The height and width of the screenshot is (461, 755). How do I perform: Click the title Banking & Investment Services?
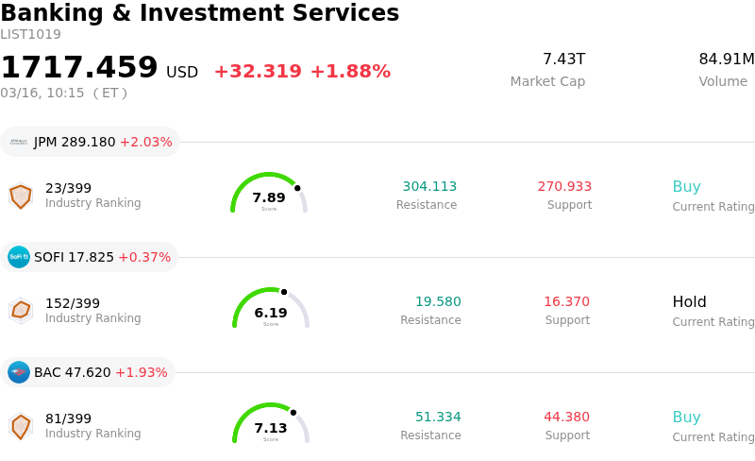199,13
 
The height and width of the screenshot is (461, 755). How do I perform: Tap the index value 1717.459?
79,68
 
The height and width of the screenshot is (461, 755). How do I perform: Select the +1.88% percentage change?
350,72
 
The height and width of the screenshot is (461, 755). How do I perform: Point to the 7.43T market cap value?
563,60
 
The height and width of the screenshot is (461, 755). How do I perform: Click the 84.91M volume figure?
726,60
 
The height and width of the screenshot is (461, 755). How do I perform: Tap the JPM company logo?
19,142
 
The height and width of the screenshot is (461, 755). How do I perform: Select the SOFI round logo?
19,257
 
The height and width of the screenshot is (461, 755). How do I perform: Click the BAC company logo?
19,372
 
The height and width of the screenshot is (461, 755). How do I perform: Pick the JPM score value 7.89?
269,198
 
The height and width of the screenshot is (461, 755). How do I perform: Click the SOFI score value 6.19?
271,314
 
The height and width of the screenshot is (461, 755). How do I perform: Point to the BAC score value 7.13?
271,429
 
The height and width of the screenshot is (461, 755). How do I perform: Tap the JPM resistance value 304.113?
429,187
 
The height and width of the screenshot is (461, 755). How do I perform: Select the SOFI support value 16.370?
566,302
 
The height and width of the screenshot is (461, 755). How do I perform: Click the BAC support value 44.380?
566,418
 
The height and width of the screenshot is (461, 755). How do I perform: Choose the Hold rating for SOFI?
689,302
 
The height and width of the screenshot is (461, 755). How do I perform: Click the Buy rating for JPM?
686,187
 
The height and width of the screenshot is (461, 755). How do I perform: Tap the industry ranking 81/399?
68,418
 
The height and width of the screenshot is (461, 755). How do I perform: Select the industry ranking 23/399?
68,188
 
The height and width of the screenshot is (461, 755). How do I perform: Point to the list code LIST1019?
30,35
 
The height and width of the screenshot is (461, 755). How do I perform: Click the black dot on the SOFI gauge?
284,292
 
